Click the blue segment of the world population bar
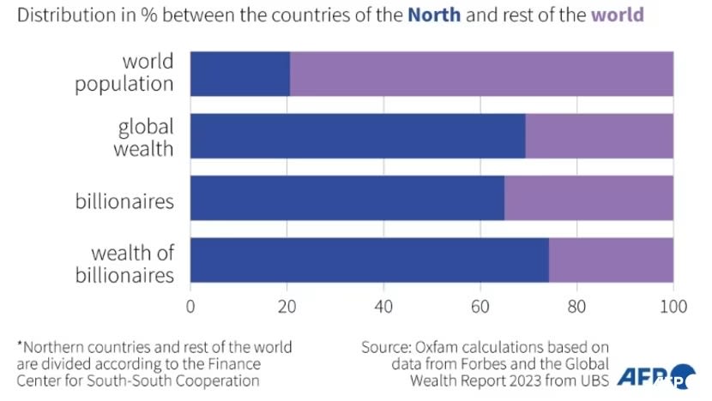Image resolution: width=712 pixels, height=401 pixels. [239, 73]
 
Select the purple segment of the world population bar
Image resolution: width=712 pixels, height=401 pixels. [481, 73]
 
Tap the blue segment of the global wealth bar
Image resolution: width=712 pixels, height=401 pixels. [357, 135]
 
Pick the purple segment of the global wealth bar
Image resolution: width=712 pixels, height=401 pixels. [599, 135]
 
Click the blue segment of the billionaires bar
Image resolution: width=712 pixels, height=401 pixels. [347, 198]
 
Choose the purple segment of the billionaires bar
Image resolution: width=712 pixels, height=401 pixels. [588, 198]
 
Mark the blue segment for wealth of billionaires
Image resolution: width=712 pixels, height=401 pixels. [369, 260]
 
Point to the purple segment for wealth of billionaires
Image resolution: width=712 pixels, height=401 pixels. [611, 260]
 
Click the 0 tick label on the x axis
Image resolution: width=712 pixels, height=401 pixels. [190, 305]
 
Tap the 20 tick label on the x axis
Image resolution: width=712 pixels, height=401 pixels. [287, 305]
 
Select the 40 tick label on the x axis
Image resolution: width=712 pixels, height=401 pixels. [383, 305]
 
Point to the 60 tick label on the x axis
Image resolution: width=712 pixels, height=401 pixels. [480, 305]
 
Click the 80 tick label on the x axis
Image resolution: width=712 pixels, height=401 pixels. [576, 305]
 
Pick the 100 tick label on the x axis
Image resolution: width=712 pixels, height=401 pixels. [673, 305]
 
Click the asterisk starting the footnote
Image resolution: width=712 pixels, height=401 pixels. [20, 345]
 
